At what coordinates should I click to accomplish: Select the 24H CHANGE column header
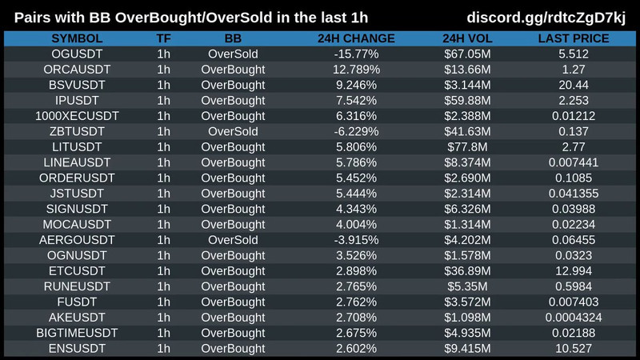356,38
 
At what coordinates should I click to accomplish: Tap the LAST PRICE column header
574,38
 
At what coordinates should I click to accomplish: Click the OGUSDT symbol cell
77,54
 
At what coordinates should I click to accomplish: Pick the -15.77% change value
356,54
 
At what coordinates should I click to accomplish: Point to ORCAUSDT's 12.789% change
356,70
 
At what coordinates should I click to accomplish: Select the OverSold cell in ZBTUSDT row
233,131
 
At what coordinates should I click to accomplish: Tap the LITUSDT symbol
77,146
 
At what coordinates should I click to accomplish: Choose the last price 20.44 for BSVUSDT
574,85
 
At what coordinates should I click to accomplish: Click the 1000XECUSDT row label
77,116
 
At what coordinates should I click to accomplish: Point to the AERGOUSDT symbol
77,239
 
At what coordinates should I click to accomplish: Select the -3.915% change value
356,239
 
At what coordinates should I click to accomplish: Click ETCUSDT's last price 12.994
574,270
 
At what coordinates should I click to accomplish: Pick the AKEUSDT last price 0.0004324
574,317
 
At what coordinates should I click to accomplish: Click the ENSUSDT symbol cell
77,348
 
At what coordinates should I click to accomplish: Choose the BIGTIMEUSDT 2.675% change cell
356,333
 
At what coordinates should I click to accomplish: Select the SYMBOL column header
77,38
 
